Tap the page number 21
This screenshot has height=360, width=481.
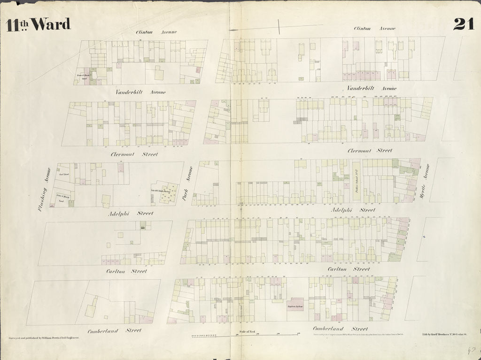[464, 23]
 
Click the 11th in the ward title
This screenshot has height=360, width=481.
[16, 24]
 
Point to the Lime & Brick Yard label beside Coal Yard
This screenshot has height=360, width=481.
[62, 198]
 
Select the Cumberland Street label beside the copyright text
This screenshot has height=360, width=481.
[340, 329]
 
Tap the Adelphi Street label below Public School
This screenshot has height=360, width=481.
[353, 210]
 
